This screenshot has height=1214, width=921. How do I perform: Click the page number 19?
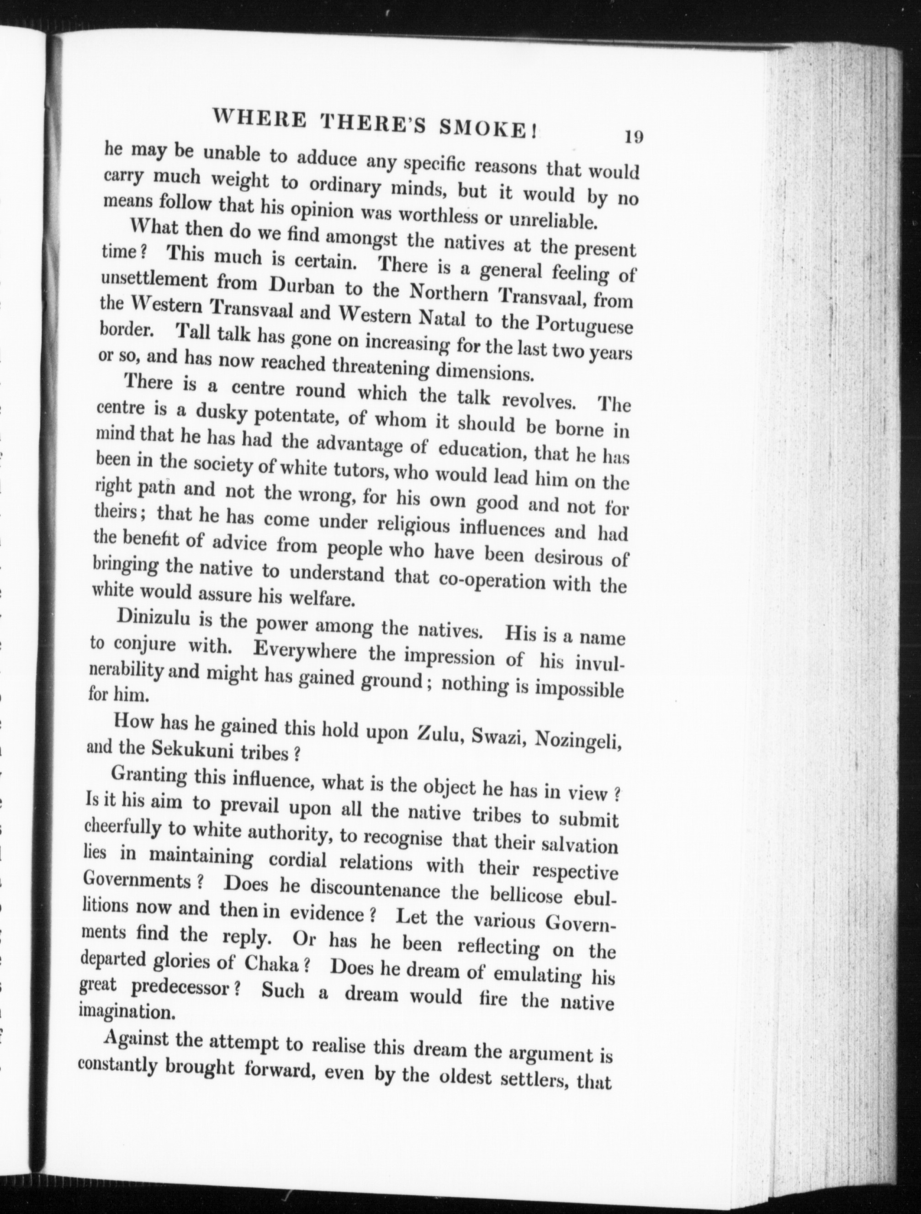click(x=633, y=136)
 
